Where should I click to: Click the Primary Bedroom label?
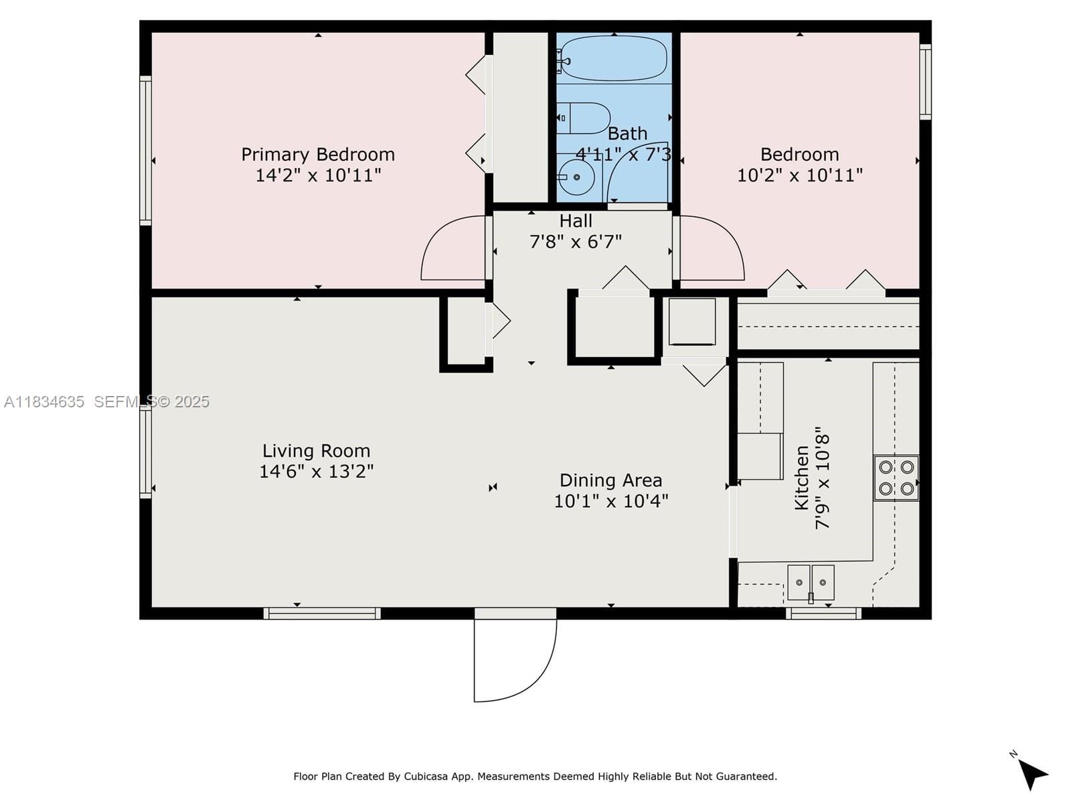pos(318,154)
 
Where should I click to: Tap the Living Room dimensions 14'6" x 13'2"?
pos(316,471)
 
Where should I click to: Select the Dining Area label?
pos(611,480)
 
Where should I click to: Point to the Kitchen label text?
pos(802,478)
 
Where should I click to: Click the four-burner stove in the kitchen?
pos(896,478)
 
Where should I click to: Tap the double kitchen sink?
pos(811,583)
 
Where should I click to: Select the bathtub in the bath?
pos(614,58)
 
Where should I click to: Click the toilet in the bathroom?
pos(584,118)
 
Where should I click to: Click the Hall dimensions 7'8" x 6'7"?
pos(576,242)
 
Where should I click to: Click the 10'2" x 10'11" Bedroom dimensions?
pos(800,176)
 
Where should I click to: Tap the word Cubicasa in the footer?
pos(426,777)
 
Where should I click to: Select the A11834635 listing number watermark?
pos(44,402)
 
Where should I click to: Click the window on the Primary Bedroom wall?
pos(145,150)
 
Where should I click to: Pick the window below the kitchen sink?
pos(823,613)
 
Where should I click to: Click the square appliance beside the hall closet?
pos(692,322)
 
